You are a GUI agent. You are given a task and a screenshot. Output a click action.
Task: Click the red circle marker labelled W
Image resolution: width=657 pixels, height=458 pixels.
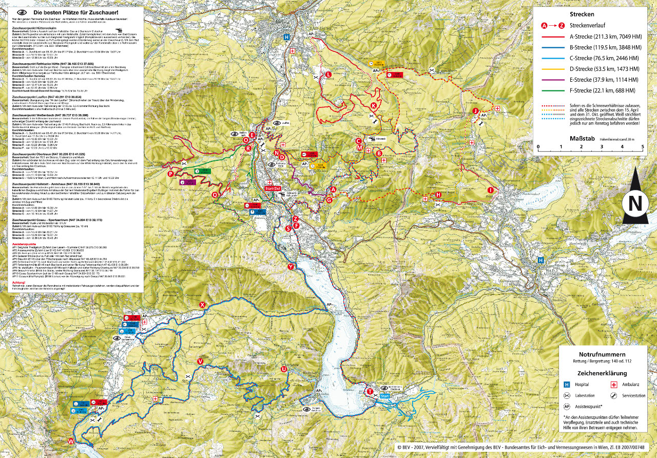(71, 442)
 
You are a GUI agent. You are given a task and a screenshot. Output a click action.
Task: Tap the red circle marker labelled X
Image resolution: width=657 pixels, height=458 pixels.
(202, 305)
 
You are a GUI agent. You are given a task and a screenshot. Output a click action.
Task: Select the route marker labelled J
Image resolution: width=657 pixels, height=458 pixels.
(476, 111)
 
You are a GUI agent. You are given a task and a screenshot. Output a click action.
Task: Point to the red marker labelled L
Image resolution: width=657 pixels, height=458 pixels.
(328, 75)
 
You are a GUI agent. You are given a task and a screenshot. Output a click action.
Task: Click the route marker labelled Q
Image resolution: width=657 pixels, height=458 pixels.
(215, 195)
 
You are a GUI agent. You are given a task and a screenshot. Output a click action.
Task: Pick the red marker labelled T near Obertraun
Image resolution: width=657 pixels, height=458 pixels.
(370, 392)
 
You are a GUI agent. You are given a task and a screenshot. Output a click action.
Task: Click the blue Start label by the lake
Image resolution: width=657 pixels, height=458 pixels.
(385, 396)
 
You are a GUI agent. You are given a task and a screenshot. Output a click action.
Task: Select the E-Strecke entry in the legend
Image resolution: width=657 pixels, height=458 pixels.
(604, 80)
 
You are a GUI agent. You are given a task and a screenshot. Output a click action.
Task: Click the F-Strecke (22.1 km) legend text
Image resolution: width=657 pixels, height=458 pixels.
(604, 90)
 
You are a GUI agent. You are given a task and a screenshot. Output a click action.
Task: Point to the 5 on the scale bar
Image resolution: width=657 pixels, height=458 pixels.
(643, 146)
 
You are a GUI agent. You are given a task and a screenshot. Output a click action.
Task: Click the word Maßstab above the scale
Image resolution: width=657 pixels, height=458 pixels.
(581, 138)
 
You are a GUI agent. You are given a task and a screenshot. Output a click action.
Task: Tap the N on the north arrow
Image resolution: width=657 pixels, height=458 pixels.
(635, 204)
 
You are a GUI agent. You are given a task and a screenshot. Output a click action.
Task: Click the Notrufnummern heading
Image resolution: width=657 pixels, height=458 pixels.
(602, 355)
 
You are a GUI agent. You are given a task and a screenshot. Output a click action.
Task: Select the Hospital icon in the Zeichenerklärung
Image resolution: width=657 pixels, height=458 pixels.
(567, 384)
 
